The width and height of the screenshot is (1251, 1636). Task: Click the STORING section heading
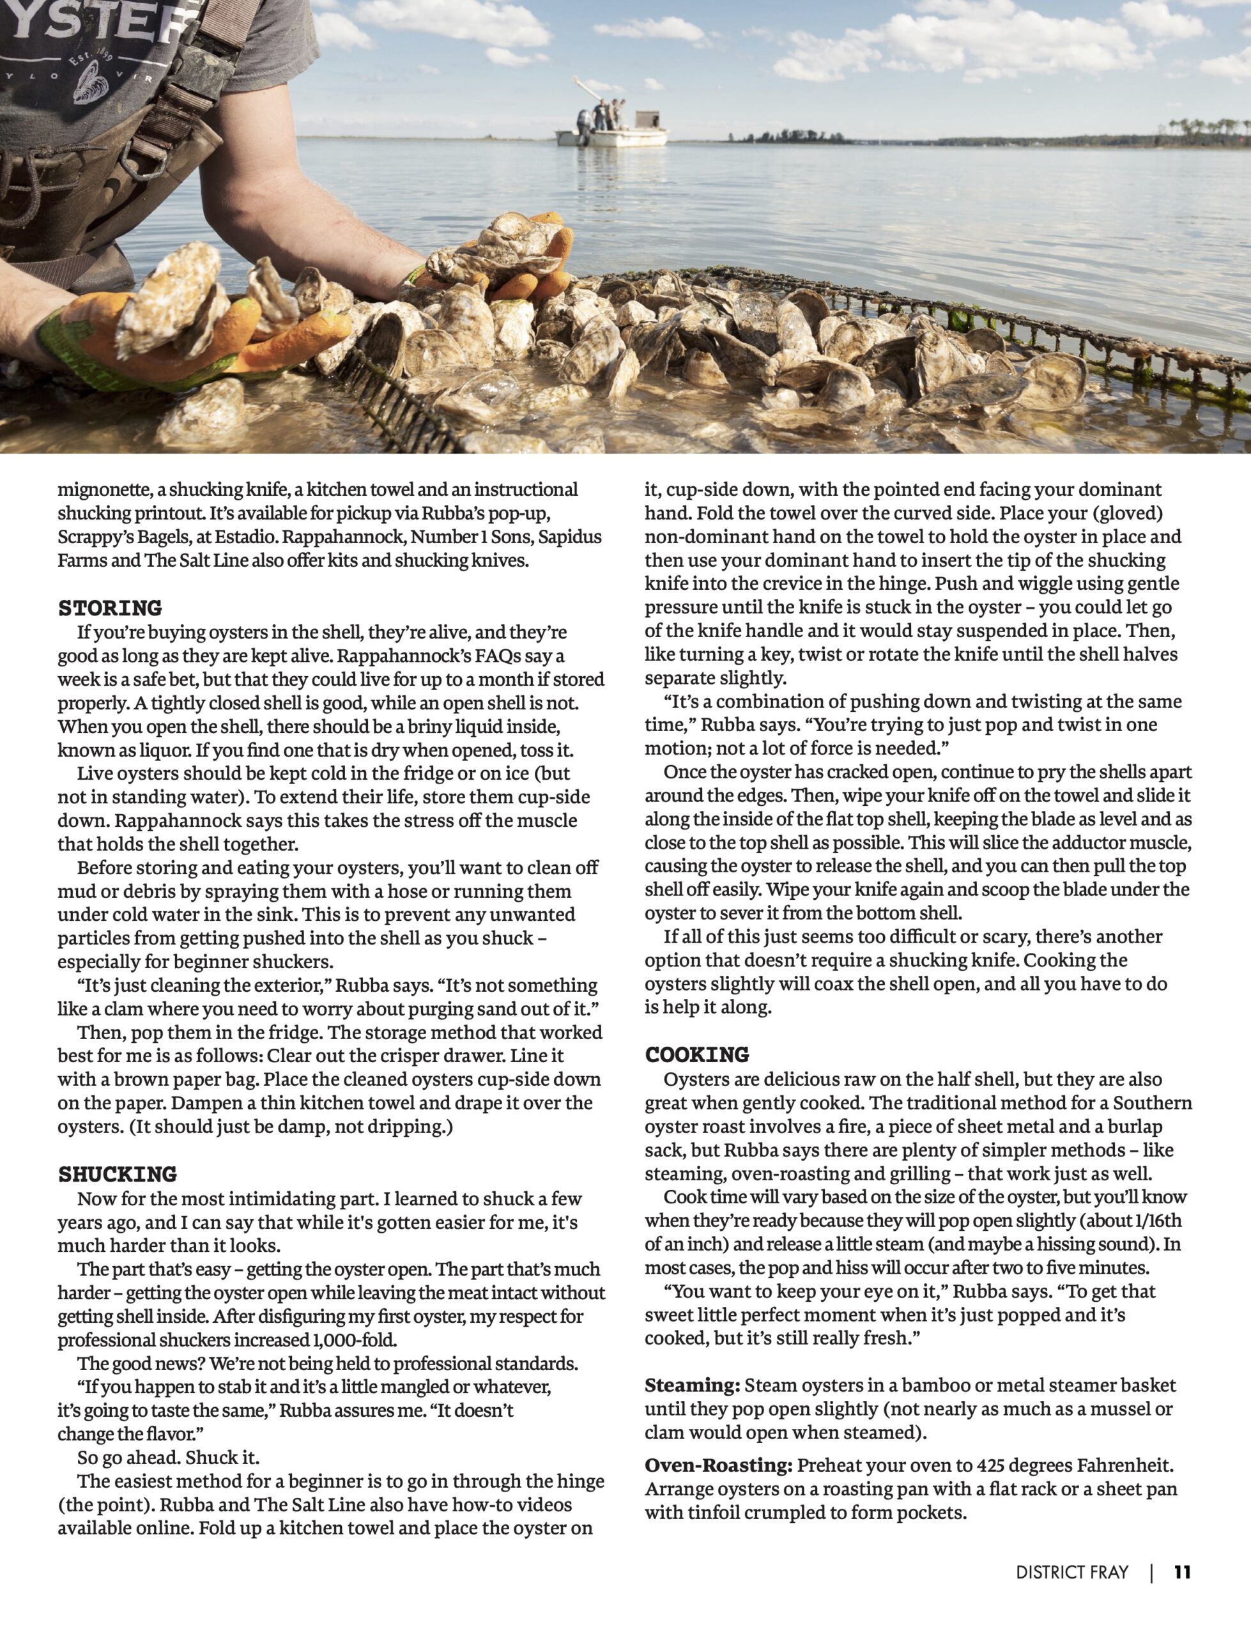click(109, 608)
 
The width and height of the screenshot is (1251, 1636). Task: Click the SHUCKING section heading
click(117, 1175)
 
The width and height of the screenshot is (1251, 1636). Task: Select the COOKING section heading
click(697, 1054)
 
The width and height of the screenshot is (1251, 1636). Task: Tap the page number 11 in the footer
click(1183, 1572)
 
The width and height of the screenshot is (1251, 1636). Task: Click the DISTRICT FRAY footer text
click(1071, 1572)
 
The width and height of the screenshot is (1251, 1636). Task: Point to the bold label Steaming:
click(692, 1385)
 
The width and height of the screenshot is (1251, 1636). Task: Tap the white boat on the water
click(611, 134)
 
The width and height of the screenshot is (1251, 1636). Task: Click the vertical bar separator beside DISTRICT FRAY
click(1151, 1572)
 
